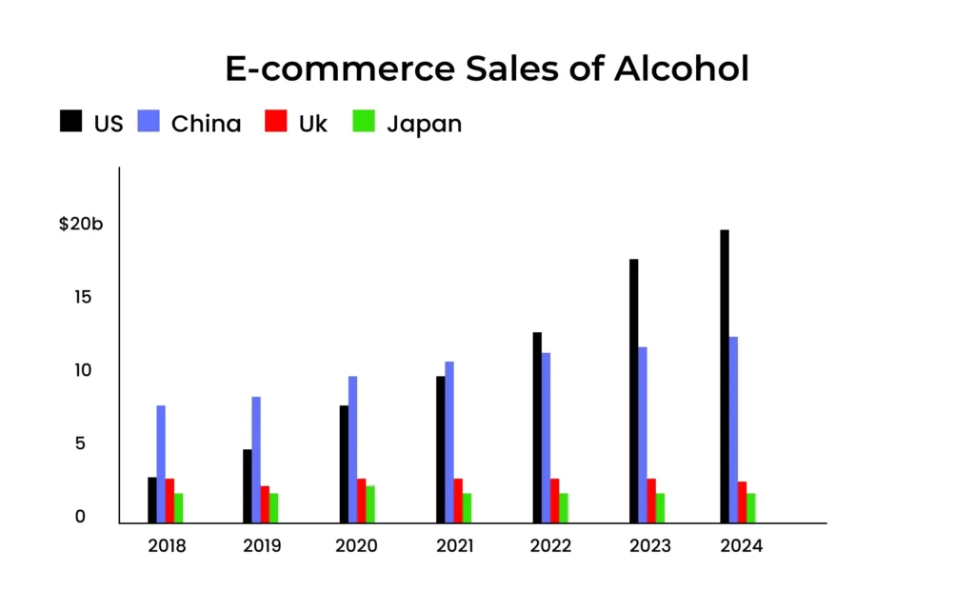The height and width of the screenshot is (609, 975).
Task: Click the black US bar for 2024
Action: pyautogui.click(x=725, y=376)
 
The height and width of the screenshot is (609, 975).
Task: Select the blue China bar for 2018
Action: pyautogui.click(x=161, y=463)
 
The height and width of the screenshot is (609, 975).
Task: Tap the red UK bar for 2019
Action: pyautogui.click(x=265, y=504)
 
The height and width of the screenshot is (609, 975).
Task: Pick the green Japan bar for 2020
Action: pyautogui.click(x=370, y=504)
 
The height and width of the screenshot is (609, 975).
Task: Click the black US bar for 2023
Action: pyautogui.click(x=633, y=390)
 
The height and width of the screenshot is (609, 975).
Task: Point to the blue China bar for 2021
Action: pyautogui.click(x=449, y=442)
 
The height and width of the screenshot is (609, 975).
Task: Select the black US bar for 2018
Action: pyautogui.click(x=152, y=500)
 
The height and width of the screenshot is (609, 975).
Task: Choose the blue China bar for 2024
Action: pyautogui.click(x=733, y=429)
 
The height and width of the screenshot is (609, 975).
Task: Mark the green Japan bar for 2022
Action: pyautogui.click(x=564, y=507)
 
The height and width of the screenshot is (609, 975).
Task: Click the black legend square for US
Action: pyautogui.click(x=70, y=122)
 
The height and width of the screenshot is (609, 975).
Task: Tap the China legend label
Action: pyautogui.click(x=206, y=124)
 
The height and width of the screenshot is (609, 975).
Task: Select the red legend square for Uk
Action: pyautogui.click(x=275, y=122)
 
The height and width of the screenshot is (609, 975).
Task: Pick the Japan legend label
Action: pyautogui.click(x=424, y=124)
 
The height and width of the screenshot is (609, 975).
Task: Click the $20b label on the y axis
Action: pyautogui.click(x=80, y=225)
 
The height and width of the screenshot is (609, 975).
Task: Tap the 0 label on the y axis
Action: pyautogui.click(x=81, y=517)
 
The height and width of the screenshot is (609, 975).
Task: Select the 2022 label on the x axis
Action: pyautogui.click(x=550, y=546)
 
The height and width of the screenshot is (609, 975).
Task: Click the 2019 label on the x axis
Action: pyautogui.click(x=261, y=546)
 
